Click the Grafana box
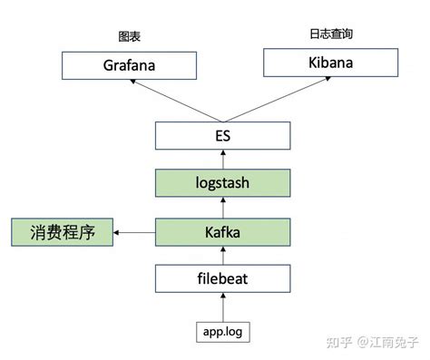point(129,65)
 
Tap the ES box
point(222,137)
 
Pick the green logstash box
point(222,184)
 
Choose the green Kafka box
point(222,233)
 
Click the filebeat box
point(222,279)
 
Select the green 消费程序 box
point(61,233)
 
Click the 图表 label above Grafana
point(130,37)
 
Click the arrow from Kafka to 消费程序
point(135,234)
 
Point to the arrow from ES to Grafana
point(176,101)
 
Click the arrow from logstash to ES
point(223,161)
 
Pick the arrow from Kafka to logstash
point(223,209)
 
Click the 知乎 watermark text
point(337,342)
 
